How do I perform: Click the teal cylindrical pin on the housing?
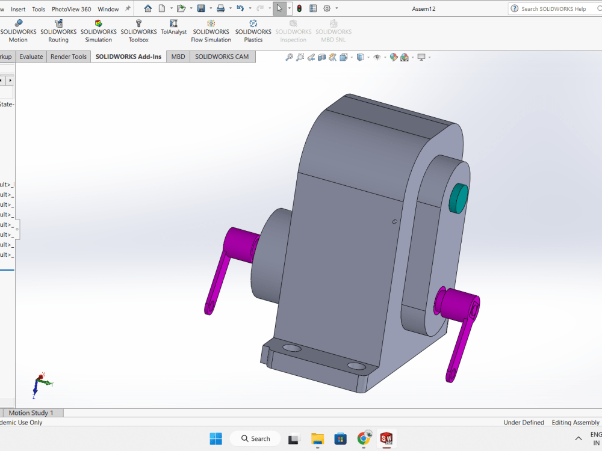[x=459, y=198]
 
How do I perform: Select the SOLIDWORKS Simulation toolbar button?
[x=98, y=31]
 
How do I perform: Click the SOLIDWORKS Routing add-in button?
[x=58, y=31]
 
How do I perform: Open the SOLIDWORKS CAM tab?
[x=222, y=57]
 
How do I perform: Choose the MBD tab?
[x=178, y=57]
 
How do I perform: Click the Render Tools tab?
[x=69, y=57]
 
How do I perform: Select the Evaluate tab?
[x=31, y=57]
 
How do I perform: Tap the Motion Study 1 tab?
[x=31, y=413]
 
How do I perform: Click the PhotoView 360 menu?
[x=71, y=9]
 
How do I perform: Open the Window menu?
[x=108, y=9]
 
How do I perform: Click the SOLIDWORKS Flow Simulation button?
[x=211, y=31]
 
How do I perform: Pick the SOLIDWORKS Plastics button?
[x=253, y=31]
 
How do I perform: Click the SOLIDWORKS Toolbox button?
[x=138, y=31]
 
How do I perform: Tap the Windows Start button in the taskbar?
[x=216, y=438]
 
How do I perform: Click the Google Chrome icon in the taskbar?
[x=364, y=438]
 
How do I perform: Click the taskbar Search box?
[x=256, y=438]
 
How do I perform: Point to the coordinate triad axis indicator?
[x=41, y=384]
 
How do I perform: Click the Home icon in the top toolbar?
[x=148, y=8]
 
